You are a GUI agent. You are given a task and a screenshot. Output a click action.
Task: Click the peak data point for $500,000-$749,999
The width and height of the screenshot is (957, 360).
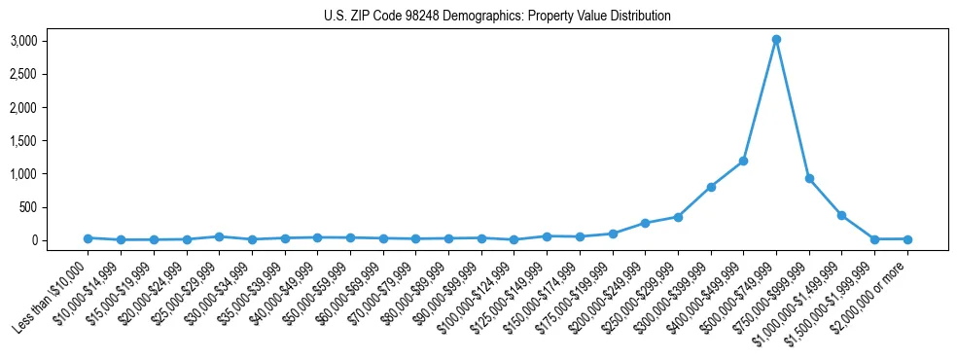pyautogui.click(x=776, y=40)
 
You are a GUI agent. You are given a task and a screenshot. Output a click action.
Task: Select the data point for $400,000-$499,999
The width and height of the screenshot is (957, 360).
pyautogui.click(x=743, y=161)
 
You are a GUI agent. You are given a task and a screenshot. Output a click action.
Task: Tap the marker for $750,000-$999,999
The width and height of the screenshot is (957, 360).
pyautogui.click(x=809, y=178)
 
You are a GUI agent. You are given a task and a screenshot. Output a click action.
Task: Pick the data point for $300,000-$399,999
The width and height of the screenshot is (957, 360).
pyautogui.click(x=711, y=187)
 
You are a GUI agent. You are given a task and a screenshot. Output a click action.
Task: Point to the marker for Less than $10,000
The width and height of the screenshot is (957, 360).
pyautogui.click(x=88, y=237)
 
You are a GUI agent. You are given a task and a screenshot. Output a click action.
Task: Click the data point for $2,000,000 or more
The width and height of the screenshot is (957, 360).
pyautogui.click(x=907, y=239)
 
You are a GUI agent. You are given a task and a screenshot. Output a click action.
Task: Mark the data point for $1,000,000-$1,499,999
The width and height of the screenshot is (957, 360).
pyautogui.click(x=841, y=215)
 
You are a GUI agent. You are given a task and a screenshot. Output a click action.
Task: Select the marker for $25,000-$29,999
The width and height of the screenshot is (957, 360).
pyautogui.click(x=219, y=236)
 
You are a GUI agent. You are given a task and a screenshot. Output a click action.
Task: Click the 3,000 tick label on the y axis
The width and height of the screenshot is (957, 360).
pyautogui.click(x=23, y=41)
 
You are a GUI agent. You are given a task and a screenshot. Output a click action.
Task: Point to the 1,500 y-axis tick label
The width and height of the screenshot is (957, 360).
pyautogui.click(x=23, y=140)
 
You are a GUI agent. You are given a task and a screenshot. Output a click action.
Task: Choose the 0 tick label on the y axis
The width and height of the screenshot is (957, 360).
pyautogui.click(x=32, y=240)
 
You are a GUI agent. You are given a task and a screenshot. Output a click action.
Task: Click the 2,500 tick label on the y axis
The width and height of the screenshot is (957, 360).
pyautogui.click(x=23, y=74)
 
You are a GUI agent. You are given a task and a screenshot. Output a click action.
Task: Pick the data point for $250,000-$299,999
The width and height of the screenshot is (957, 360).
pyautogui.click(x=678, y=217)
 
